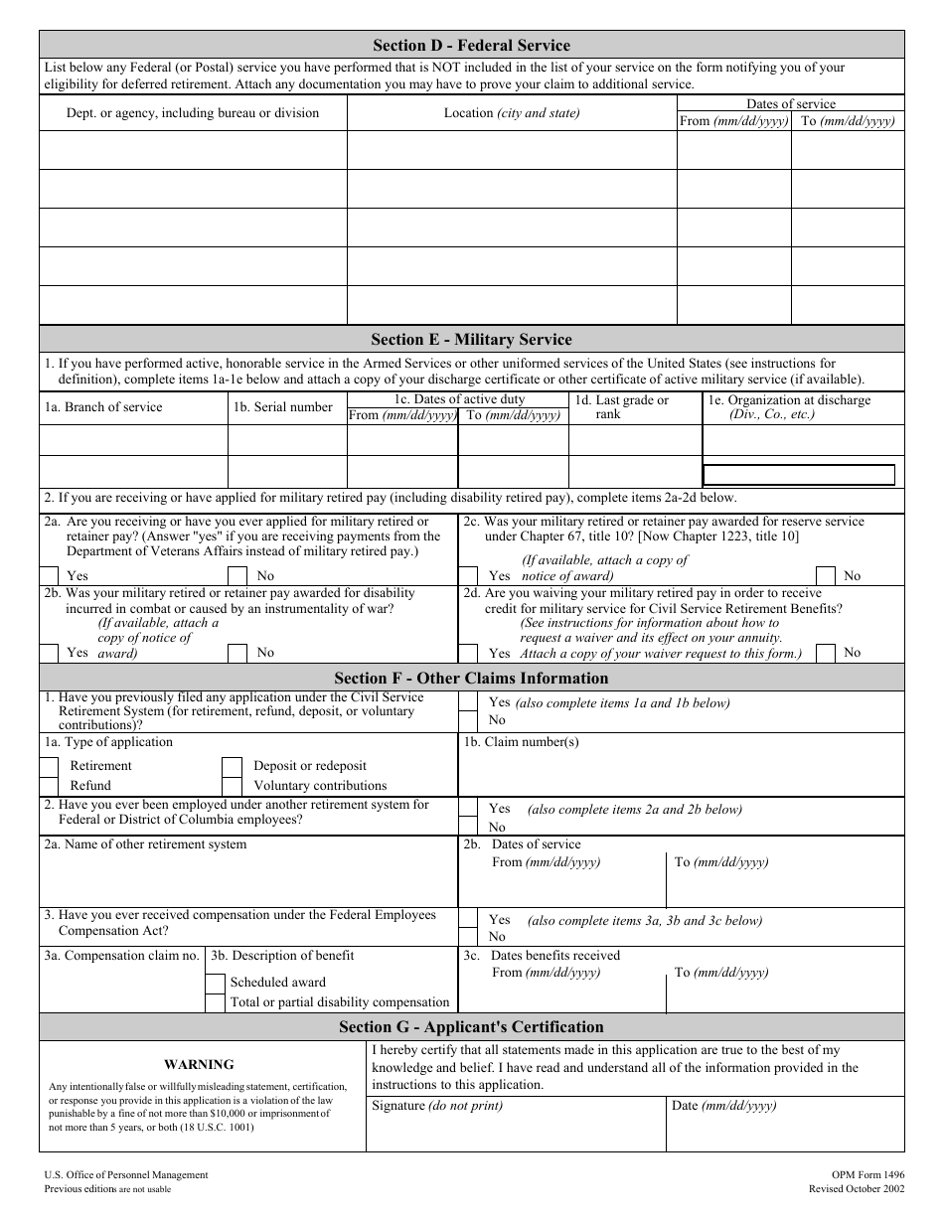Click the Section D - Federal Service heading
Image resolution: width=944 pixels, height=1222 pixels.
[x=471, y=45]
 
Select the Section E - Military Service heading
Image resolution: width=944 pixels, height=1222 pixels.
[x=471, y=339]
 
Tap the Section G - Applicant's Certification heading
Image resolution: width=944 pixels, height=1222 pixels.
[x=471, y=1026]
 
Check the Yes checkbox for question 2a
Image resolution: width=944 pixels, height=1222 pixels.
[x=49, y=575]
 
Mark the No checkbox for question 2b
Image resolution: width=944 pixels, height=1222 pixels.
[x=237, y=653]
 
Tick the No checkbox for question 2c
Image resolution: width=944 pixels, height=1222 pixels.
[x=825, y=575]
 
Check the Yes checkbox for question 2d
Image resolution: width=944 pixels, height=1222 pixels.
[x=467, y=653]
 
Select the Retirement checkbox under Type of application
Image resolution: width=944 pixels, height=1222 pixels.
[x=49, y=766]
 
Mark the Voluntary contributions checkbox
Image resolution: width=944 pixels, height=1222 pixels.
[x=232, y=785]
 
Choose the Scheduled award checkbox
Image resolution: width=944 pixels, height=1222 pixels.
[x=215, y=982]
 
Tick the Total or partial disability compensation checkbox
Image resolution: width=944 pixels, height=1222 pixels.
[x=215, y=1002]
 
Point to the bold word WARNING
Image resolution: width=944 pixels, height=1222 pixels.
[x=199, y=1064]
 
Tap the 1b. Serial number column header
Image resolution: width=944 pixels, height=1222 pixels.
[x=283, y=407]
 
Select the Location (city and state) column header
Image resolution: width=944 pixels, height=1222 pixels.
[x=512, y=113]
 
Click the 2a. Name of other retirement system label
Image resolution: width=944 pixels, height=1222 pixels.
[x=145, y=844]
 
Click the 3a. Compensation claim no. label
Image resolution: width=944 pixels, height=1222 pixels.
[x=121, y=956]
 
